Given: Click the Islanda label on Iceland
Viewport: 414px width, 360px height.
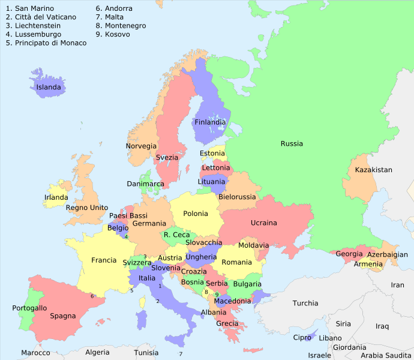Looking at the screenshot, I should tap(49, 88).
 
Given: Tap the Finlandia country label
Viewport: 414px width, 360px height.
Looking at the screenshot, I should tap(210, 122).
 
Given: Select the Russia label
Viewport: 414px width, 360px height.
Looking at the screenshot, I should tap(292, 144).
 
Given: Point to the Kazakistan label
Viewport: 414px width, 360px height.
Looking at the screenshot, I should tap(373, 170).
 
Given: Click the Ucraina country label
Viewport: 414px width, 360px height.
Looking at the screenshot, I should tap(264, 223).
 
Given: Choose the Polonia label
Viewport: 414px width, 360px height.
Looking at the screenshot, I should tap(196, 214).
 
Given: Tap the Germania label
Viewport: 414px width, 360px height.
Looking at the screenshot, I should tap(149, 224).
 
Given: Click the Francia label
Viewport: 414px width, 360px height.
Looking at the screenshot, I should tap(104, 260).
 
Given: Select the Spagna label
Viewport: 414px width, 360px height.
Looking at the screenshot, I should tap(63, 316).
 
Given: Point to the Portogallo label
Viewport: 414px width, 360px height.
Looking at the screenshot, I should tap(29, 308).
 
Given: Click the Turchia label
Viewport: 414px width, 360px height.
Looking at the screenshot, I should tap(305, 304).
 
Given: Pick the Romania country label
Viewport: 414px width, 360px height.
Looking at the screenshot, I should tap(236, 262).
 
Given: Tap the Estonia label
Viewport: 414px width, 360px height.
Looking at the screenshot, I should tap(212, 154).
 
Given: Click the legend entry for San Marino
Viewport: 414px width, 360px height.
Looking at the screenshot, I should tap(29, 9).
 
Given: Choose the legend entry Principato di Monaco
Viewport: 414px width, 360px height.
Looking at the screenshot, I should tap(46, 43).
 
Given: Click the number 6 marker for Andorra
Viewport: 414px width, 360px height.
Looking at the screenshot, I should tap(92, 296).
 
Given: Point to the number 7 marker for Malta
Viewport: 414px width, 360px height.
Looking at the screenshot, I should tap(181, 354).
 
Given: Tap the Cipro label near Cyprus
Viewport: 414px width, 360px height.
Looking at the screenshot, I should tap(302, 338).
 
